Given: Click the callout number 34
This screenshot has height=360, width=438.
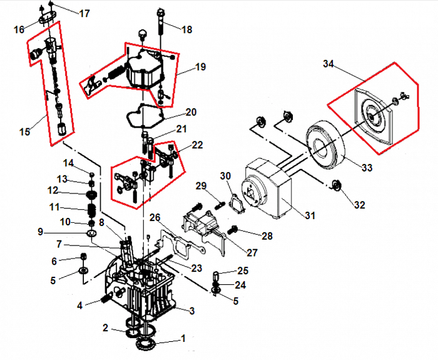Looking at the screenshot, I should click(330, 63).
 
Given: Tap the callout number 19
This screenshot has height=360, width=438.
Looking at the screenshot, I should click(200, 67).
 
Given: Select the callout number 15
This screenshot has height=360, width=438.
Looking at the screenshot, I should click(25, 131).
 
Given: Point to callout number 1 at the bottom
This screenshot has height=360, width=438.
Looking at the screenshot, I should click(183, 338).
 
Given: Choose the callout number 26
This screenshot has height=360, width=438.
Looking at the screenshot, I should click(154, 218).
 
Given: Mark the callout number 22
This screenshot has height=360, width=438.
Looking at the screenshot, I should click(197, 145).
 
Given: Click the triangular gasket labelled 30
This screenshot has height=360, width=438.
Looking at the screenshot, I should click(237, 202).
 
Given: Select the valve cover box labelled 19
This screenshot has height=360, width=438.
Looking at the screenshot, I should click(145, 70).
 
